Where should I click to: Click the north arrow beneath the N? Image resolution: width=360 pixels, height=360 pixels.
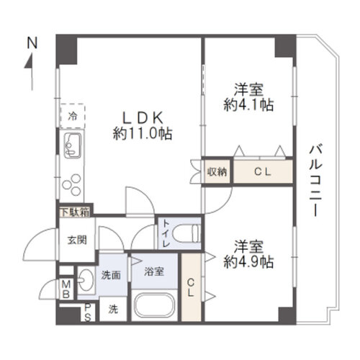pos(32,72)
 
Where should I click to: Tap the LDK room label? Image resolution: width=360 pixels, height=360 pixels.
pos(143,118)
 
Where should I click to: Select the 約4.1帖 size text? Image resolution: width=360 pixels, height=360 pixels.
pos(248,104)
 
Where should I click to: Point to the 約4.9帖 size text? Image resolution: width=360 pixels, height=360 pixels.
pos(248,262)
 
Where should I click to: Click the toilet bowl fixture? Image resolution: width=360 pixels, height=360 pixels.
pos(187,233)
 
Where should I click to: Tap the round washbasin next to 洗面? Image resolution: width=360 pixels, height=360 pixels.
pos(86,279)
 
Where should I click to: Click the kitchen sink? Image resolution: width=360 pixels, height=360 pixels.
pos(73,145)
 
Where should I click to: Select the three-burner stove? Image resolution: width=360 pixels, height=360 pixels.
pos(72,184)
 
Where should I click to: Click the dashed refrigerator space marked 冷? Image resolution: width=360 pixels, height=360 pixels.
pos(73,116)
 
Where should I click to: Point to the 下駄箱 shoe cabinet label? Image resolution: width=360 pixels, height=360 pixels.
pos(76,212)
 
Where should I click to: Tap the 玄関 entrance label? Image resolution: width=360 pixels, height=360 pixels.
pos(77,240)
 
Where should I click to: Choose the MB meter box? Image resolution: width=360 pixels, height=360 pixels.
pos(66,289)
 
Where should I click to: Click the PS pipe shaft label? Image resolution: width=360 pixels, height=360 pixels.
pos(88,312)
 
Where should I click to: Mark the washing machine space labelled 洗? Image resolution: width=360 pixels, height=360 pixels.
pos(113,309)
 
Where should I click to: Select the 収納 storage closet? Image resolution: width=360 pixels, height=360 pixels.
pos(217,172)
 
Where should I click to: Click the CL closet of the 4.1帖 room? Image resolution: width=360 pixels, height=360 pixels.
pos(263,172)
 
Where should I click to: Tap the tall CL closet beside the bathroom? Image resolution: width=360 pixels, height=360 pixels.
pos(191,287)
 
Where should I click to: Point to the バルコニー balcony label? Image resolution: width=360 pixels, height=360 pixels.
pos(315,180)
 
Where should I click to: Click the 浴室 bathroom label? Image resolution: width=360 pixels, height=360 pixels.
pos(154,271)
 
